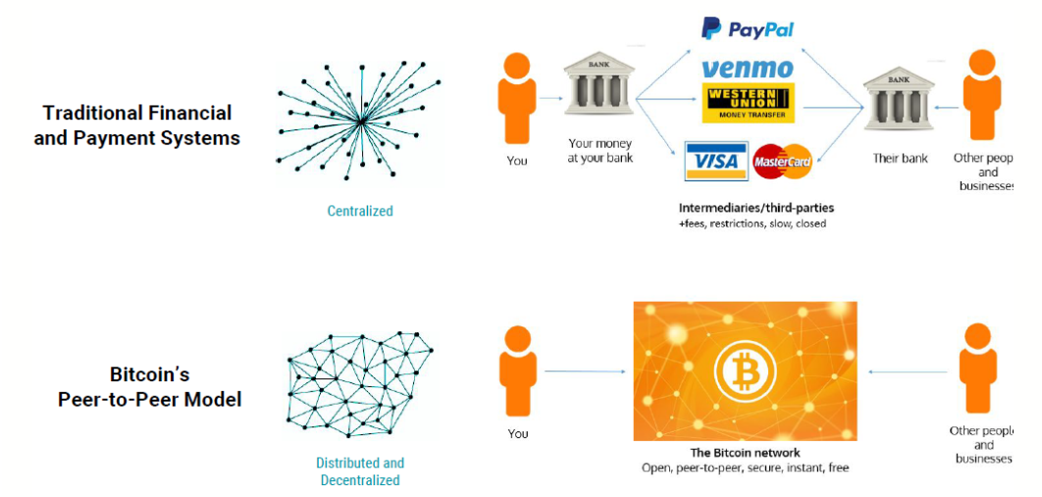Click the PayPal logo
click(747, 28)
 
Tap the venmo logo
click(748, 69)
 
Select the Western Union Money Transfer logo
click(748, 103)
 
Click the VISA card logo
click(713, 161)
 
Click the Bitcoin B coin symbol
click(745, 373)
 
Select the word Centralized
click(360, 211)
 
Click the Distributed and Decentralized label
click(360, 472)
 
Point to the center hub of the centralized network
click(362, 122)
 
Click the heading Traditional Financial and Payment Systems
click(137, 125)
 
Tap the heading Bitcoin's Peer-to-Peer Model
click(149, 387)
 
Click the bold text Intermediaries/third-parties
click(755, 208)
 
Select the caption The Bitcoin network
click(745, 453)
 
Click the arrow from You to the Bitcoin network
click(585, 372)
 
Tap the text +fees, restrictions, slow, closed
click(752, 224)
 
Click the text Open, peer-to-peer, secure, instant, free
click(744, 469)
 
